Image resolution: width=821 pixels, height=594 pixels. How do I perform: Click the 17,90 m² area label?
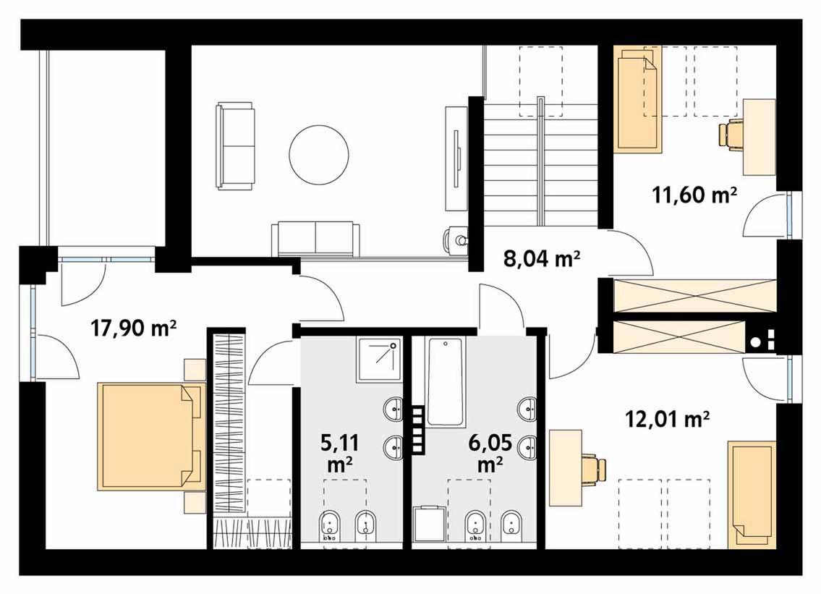(x=134, y=328)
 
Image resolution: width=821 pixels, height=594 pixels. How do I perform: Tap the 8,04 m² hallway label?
(x=542, y=258)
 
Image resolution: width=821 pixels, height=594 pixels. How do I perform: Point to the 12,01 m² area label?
(x=668, y=419)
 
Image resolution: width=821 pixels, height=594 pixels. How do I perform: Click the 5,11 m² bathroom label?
(x=339, y=453)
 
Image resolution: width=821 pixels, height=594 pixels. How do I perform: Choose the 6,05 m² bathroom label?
(x=490, y=452)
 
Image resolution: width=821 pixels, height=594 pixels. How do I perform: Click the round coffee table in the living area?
(x=319, y=155)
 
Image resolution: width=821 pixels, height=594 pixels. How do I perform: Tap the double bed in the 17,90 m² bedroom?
(x=152, y=436)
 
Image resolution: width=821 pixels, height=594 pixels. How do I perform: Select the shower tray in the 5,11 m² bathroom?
(x=380, y=360)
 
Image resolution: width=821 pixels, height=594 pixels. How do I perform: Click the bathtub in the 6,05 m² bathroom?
(x=445, y=381)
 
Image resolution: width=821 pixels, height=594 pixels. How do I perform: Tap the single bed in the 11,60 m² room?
(x=638, y=100)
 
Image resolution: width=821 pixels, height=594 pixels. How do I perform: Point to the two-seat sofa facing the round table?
(x=235, y=146)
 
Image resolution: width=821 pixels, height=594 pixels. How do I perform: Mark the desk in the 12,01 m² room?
(x=566, y=467)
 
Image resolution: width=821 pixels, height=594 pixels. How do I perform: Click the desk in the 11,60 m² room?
(x=760, y=137)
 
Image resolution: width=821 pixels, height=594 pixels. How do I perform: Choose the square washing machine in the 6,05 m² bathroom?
(x=430, y=523)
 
